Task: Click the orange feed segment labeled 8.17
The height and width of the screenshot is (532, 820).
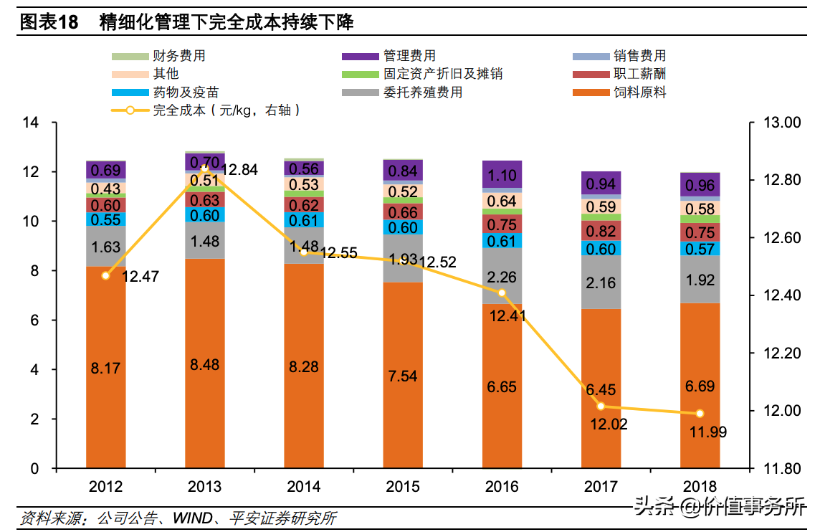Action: pyautogui.click(x=105, y=367)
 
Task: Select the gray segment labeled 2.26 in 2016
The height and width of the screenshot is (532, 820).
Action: pyautogui.click(x=502, y=275)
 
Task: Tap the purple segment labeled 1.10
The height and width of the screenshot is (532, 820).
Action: pyautogui.click(x=502, y=174)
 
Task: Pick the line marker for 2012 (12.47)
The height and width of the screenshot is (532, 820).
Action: pyautogui.click(x=105, y=275)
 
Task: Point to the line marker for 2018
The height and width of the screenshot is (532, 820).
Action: pyautogui.click(x=700, y=413)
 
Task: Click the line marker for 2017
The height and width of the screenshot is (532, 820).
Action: pyautogui.click(x=601, y=406)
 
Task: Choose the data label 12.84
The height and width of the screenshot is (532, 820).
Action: pyautogui.click(x=239, y=170)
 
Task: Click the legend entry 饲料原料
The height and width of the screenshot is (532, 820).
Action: pyautogui.click(x=619, y=92)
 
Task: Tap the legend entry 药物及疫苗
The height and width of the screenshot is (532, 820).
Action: pyautogui.click(x=166, y=92)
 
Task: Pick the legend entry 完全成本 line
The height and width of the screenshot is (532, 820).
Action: pyautogui.click(x=206, y=110)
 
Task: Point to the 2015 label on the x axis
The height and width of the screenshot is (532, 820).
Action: pyautogui.click(x=403, y=487)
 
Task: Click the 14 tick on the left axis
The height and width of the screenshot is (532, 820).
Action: pyautogui.click(x=31, y=123)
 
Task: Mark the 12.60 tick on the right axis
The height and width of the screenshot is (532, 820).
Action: pyautogui.click(x=782, y=237)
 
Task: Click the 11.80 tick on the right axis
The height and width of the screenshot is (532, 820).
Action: pyautogui.click(x=782, y=469)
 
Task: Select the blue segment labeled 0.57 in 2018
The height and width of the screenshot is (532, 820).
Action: pyautogui.click(x=700, y=249)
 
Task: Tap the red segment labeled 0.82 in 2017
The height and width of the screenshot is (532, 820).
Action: pyautogui.click(x=601, y=231)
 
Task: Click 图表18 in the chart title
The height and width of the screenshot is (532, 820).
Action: pyautogui.click(x=49, y=22)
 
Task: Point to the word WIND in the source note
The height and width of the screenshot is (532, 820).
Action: pyautogui.click(x=192, y=518)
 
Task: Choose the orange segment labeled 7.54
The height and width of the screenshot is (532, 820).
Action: pyautogui.click(x=403, y=375)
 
